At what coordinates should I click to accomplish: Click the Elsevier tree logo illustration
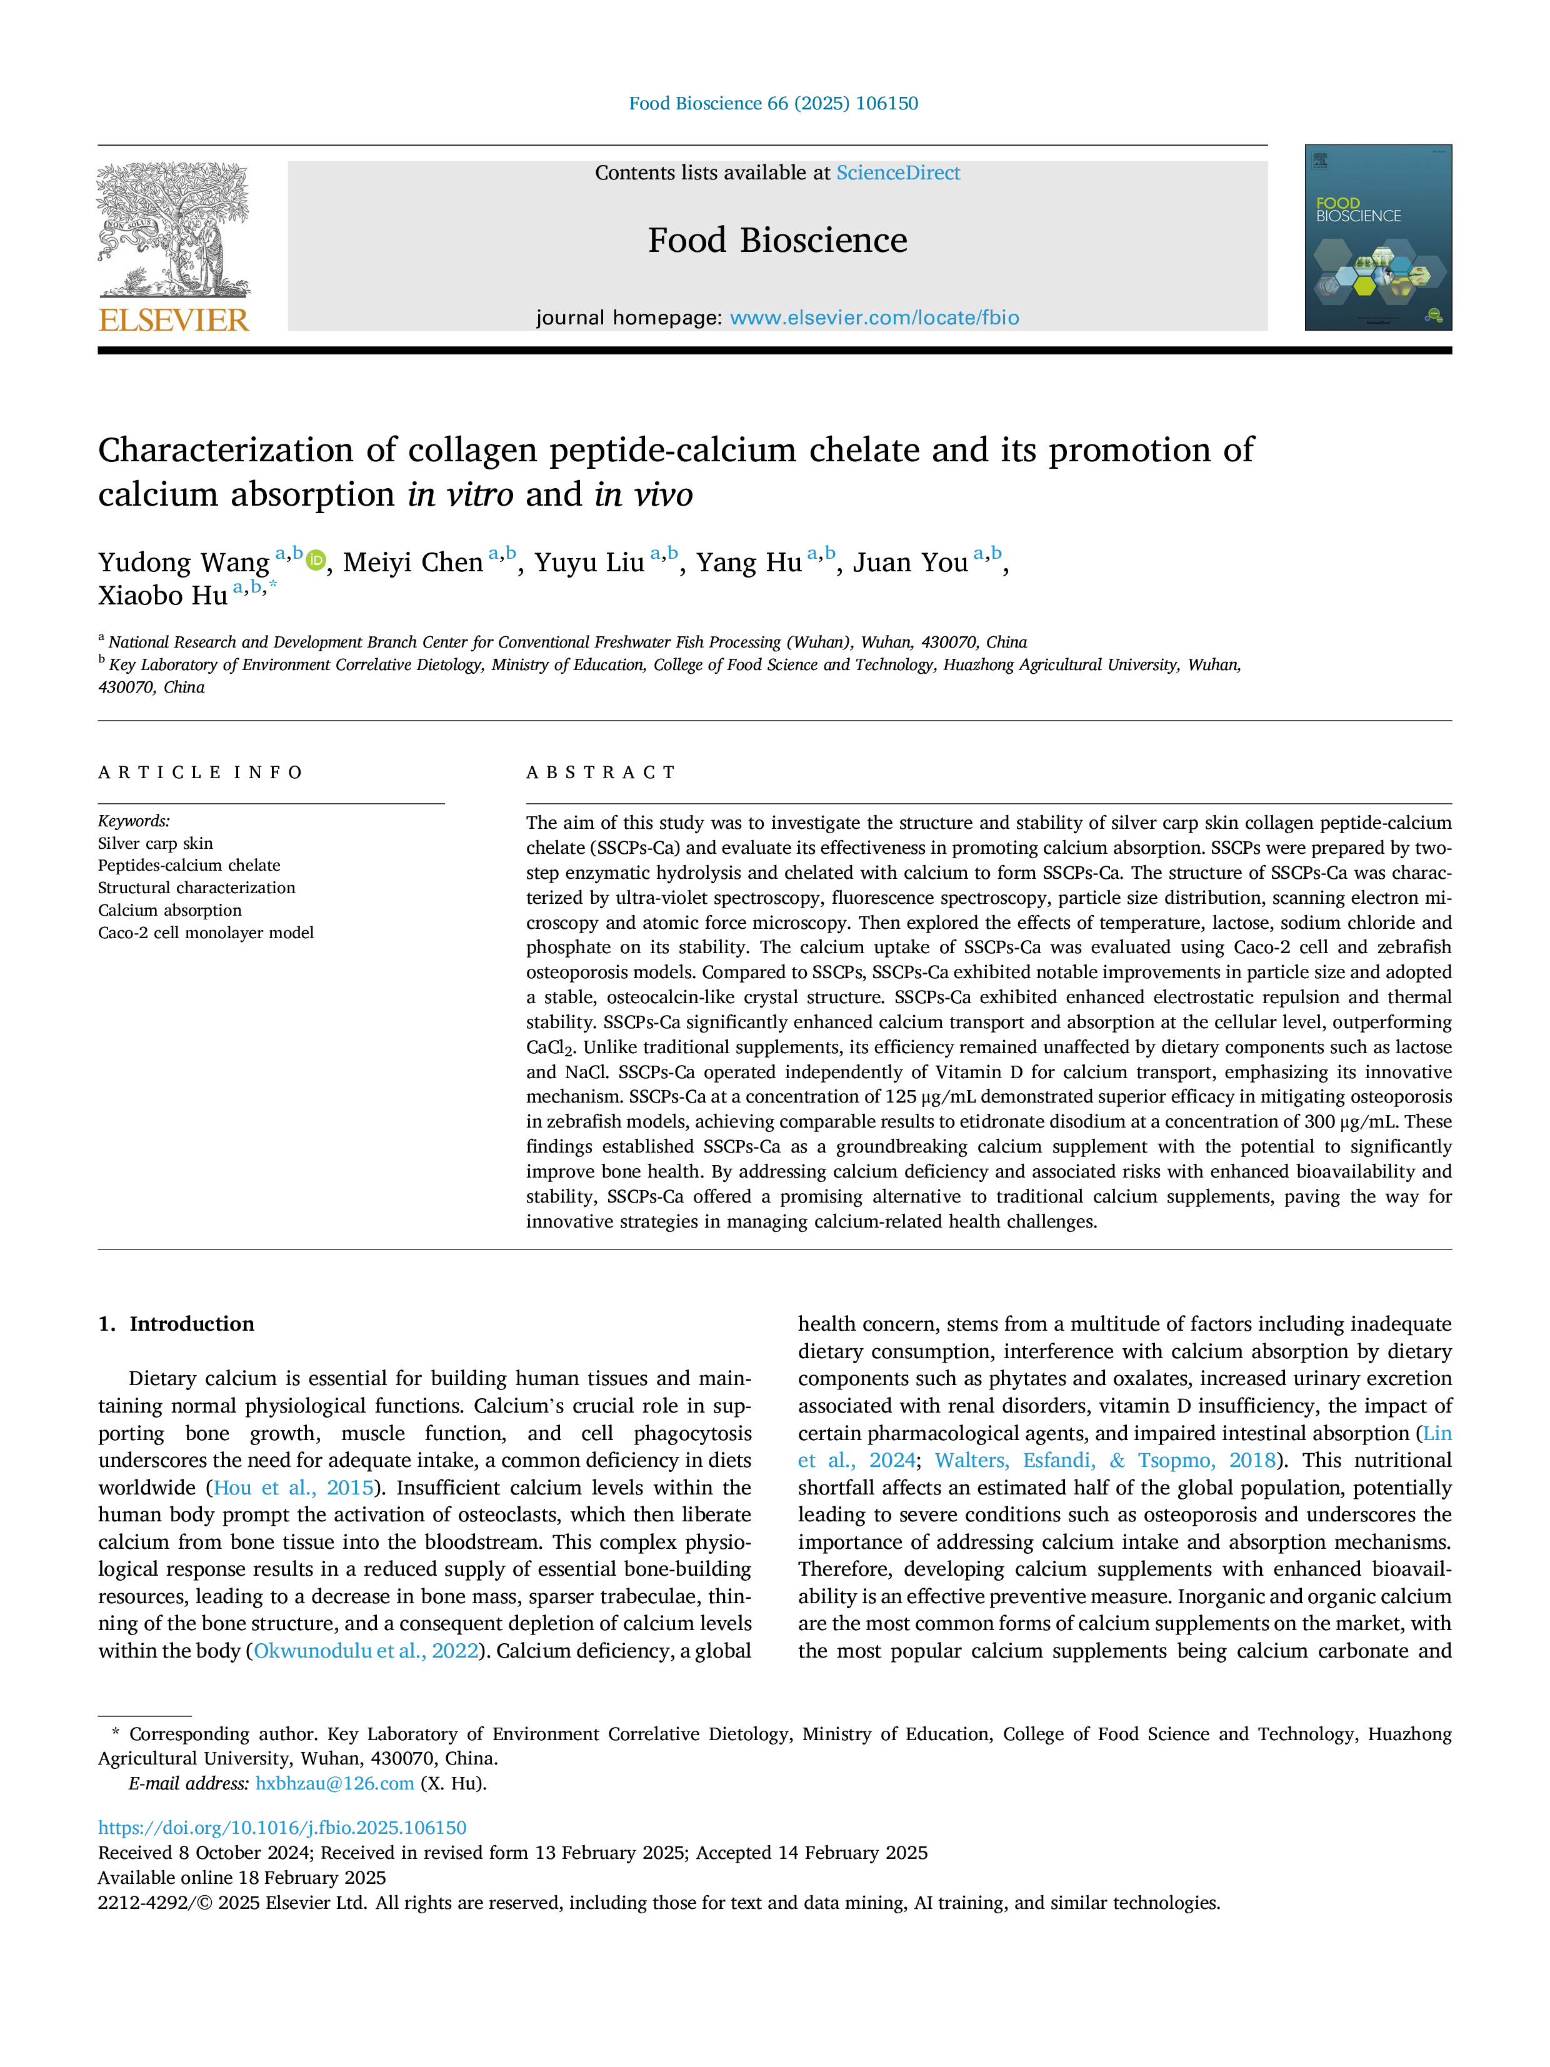tap(174, 231)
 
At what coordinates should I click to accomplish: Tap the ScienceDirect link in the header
tap(898, 173)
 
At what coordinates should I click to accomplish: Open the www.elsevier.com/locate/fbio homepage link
tap(874, 318)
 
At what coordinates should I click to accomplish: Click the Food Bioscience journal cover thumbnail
tap(1378, 238)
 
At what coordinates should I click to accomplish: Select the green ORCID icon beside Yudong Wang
tap(316, 561)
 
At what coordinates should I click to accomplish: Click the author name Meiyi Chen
tap(413, 563)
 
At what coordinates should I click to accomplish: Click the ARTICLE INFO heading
tap(201, 773)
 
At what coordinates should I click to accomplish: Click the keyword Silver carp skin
tap(155, 844)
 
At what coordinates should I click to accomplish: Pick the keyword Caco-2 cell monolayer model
tap(206, 933)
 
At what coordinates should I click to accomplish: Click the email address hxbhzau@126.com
tap(334, 1783)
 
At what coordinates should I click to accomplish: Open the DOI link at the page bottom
tap(282, 1828)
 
